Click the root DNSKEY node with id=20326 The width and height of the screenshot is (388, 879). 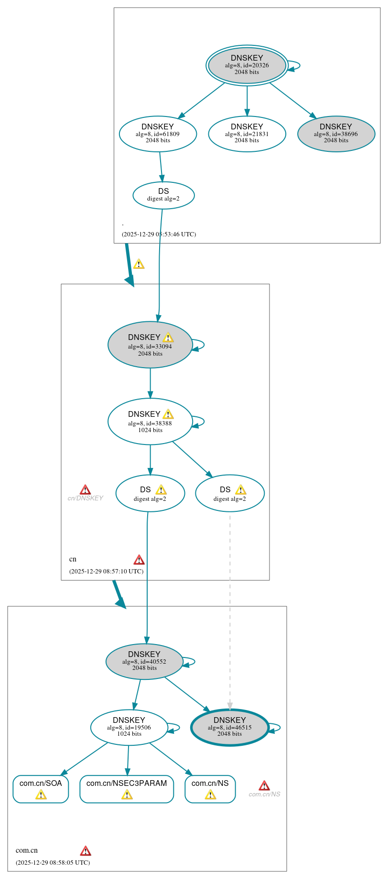click(x=247, y=65)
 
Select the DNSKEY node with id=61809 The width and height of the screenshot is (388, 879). click(x=158, y=134)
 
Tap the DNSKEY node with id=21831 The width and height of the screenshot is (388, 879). click(x=247, y=134)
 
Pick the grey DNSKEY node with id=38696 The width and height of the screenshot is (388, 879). click(x=336, y=134)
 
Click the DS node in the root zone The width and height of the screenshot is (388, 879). click(x=163, y=195)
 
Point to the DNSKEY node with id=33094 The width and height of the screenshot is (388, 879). click(x=150, y=345)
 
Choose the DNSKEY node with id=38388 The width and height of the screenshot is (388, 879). click(x=150, y=422)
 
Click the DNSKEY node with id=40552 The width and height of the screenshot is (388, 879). click(x=144, y=661)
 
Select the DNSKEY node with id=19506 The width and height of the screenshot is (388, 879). click(x=129, y=727)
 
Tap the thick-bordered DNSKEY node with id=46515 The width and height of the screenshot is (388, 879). click(x=230, y=727)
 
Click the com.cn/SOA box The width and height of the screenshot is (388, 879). click(x=41, y=789)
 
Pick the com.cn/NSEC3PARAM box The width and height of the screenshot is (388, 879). click(x=127, y=789)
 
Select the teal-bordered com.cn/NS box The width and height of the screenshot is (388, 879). click(x=210, y=789)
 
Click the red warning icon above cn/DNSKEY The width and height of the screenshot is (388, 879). click(x=85, y=490)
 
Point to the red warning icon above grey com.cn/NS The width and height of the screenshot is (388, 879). click(x=264, y=786)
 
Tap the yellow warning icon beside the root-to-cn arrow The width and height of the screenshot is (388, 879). click(x=139, y=264)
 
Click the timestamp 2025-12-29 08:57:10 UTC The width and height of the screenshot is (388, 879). click(x=106, y=572)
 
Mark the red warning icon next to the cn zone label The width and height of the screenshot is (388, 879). click(x=139, y=560)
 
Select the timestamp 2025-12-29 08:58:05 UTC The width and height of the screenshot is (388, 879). click(x=53, y=863)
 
